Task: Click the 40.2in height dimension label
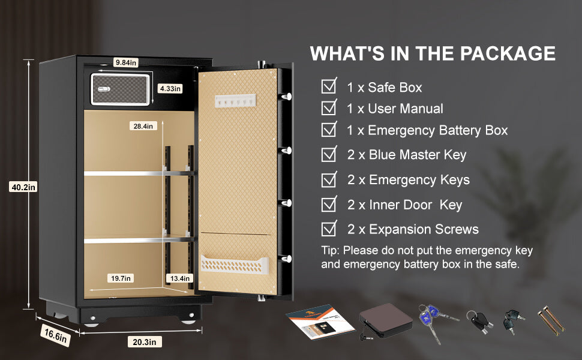pos(23,187)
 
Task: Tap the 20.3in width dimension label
pos(145,342)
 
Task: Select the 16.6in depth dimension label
pos(55,335)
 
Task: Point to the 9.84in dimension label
pos(126,62)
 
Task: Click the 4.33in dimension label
pos(170,88)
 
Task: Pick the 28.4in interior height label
pos(143,126)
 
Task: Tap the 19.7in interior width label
pos(121,278)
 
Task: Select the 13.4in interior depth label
pos(179,278)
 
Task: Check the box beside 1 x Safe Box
pos(329,86)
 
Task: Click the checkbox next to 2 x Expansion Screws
pos(329,228)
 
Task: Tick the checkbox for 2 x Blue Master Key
pos(329,154)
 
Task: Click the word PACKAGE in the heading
pos(508,53)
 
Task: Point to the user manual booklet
pos(320,322)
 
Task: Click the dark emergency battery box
pos(385,320)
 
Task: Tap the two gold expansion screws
pos(551,320)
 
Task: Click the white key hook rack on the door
pos(235,101)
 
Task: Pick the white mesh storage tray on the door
pos(235,264)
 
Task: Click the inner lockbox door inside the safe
pos(121,89)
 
